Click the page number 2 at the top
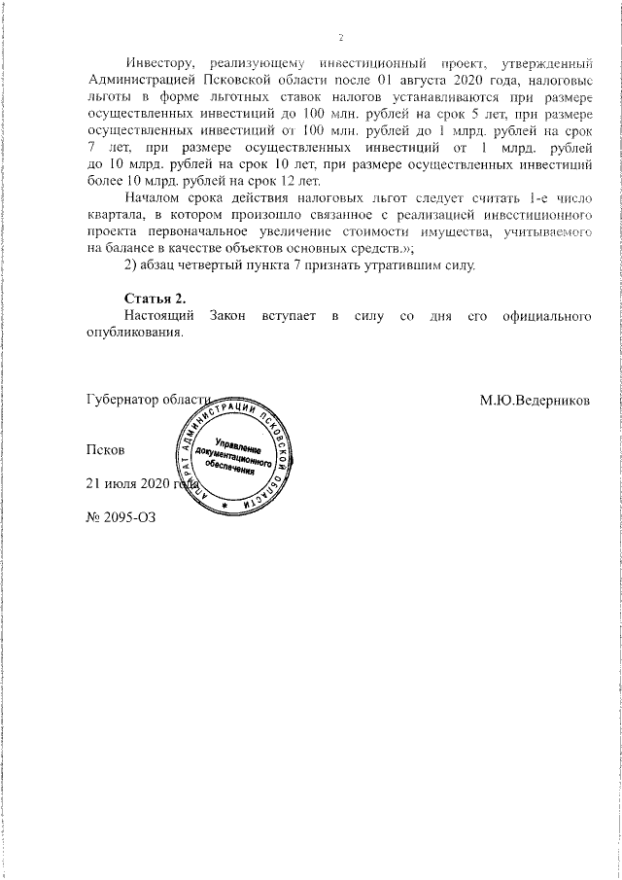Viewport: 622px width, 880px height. point(341,38)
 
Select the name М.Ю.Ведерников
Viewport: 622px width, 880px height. point(534,400)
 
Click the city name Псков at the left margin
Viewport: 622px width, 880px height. point(106,450)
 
